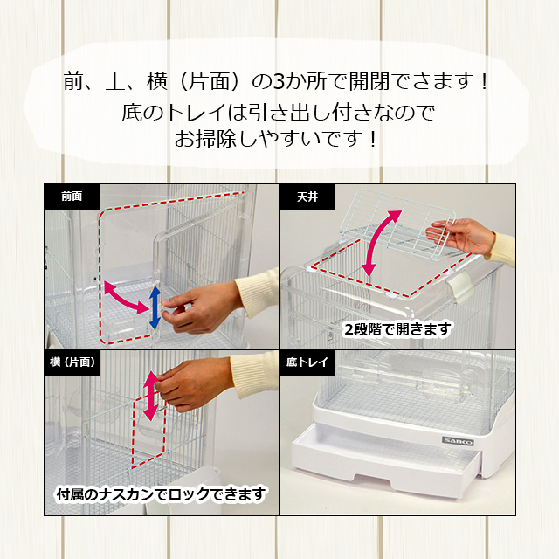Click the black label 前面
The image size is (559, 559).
[x=72, y=197]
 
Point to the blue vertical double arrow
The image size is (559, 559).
[x=155, y=307]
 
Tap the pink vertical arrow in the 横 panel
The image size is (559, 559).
[x=149, y=395]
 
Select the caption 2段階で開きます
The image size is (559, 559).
[x=398, y=328]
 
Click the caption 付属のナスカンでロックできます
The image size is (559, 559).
[x=160, y=494]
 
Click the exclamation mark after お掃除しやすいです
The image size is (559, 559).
[x=373, y=139]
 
